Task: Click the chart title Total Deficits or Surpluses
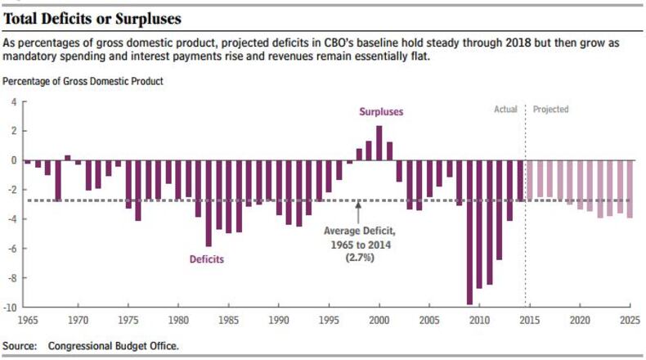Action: coord(92,18)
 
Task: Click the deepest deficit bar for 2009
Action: coord(469,232)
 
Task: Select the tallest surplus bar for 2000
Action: coord(379,143)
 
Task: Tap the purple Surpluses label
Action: coord(381,111)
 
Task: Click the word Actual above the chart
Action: coord(505,109)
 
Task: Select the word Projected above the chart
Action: coord(550,109)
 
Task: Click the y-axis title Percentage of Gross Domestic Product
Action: coord(83,81)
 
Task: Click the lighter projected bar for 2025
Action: coord(630,189)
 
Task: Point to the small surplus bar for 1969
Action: coord(68,158)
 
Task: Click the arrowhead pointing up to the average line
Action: coord(358,207)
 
